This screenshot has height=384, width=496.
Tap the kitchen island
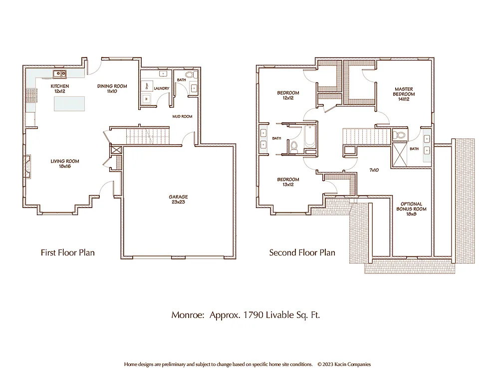click(x=69, y=103)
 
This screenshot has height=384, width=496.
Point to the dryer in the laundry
click(x=147, y=85)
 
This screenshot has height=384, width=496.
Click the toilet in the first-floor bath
click(x=194, y=75)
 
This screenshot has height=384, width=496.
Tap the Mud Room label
click(x=182, y=116)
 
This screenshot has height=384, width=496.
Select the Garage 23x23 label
click(x=178, y=199)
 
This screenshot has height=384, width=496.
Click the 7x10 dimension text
click(x=374, y=170)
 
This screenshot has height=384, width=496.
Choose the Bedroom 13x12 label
click(x=288, y=182)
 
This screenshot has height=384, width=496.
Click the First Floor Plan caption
click(x=67, y=252)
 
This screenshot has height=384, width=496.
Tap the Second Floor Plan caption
click(x=302, y=252)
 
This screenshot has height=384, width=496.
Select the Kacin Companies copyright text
click(x=344, y=364)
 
